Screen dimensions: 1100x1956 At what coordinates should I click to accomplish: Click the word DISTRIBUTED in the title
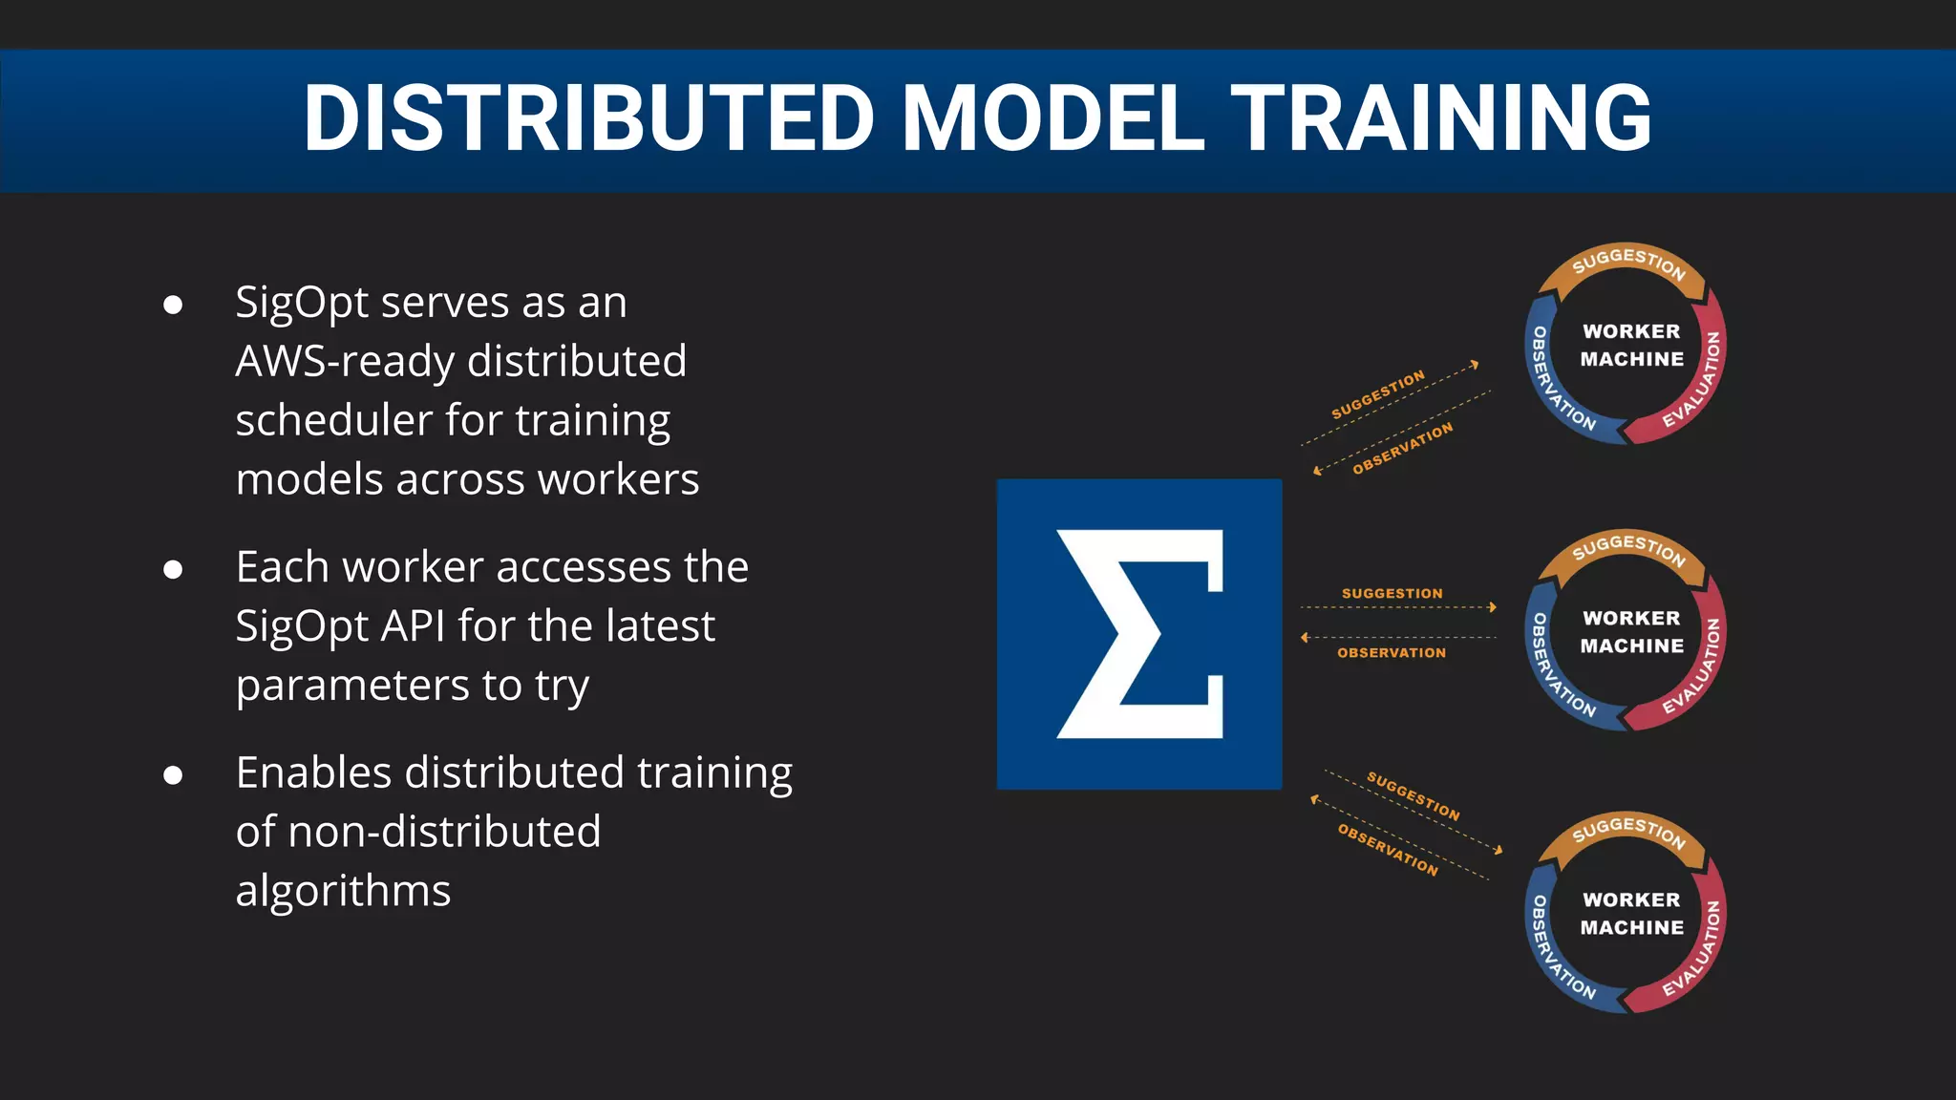tap(588, 118)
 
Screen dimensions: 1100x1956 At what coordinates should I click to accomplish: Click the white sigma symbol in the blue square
tap(1139, 634)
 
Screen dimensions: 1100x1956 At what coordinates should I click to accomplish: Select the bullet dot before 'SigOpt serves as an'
tap(173, 305)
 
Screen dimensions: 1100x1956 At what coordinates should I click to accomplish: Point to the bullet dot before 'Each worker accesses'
tap(173, 570)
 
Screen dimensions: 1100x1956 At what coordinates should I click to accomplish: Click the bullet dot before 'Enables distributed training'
tap(173, 774)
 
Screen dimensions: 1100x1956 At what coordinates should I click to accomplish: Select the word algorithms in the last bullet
tap(343, 891)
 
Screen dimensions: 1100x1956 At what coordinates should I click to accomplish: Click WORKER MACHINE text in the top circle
tap(1631, 345)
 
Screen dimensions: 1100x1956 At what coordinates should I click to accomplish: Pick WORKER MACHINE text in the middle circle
tap(1631, 632)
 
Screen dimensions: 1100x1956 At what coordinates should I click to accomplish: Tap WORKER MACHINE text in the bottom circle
tap(1631, 914)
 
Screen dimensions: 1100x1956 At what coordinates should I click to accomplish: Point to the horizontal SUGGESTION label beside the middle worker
tap(1392, 593)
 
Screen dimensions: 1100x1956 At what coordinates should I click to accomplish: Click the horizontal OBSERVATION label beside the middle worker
tap(1392, 653)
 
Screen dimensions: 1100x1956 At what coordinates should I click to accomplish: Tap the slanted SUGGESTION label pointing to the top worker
tap(1377, 394)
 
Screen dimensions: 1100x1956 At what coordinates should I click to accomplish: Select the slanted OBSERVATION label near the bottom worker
tap(1387, 849)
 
